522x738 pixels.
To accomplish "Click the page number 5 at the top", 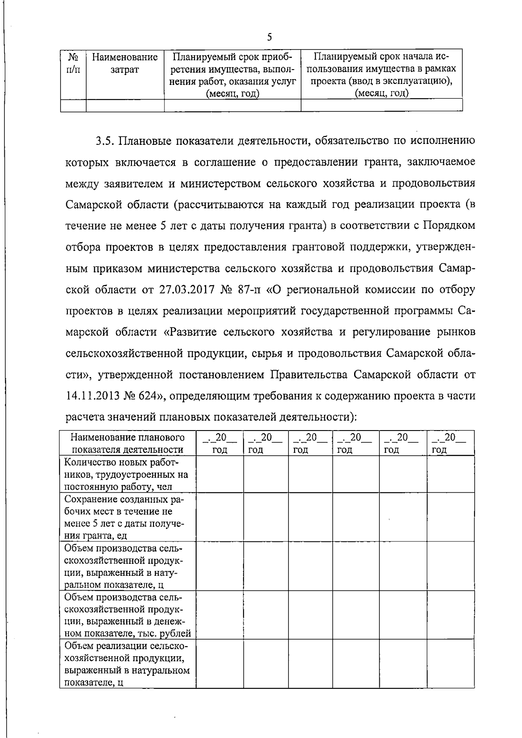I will tap(269, 37).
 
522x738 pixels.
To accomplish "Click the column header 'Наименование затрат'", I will tap(125, 63).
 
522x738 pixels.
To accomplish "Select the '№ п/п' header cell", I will tap(73, 63).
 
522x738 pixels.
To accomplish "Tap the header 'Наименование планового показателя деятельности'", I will tap(127, 443).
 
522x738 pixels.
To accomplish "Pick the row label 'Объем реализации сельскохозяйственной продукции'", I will tap(127, 664).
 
